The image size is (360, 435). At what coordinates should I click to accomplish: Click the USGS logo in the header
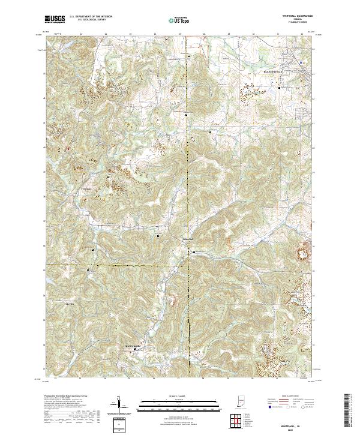point(55,19)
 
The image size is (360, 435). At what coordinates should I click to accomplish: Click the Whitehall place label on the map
point(187,239)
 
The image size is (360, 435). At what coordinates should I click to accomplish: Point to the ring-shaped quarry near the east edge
point(304,254)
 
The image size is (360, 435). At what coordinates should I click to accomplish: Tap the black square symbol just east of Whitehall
point(194,252)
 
